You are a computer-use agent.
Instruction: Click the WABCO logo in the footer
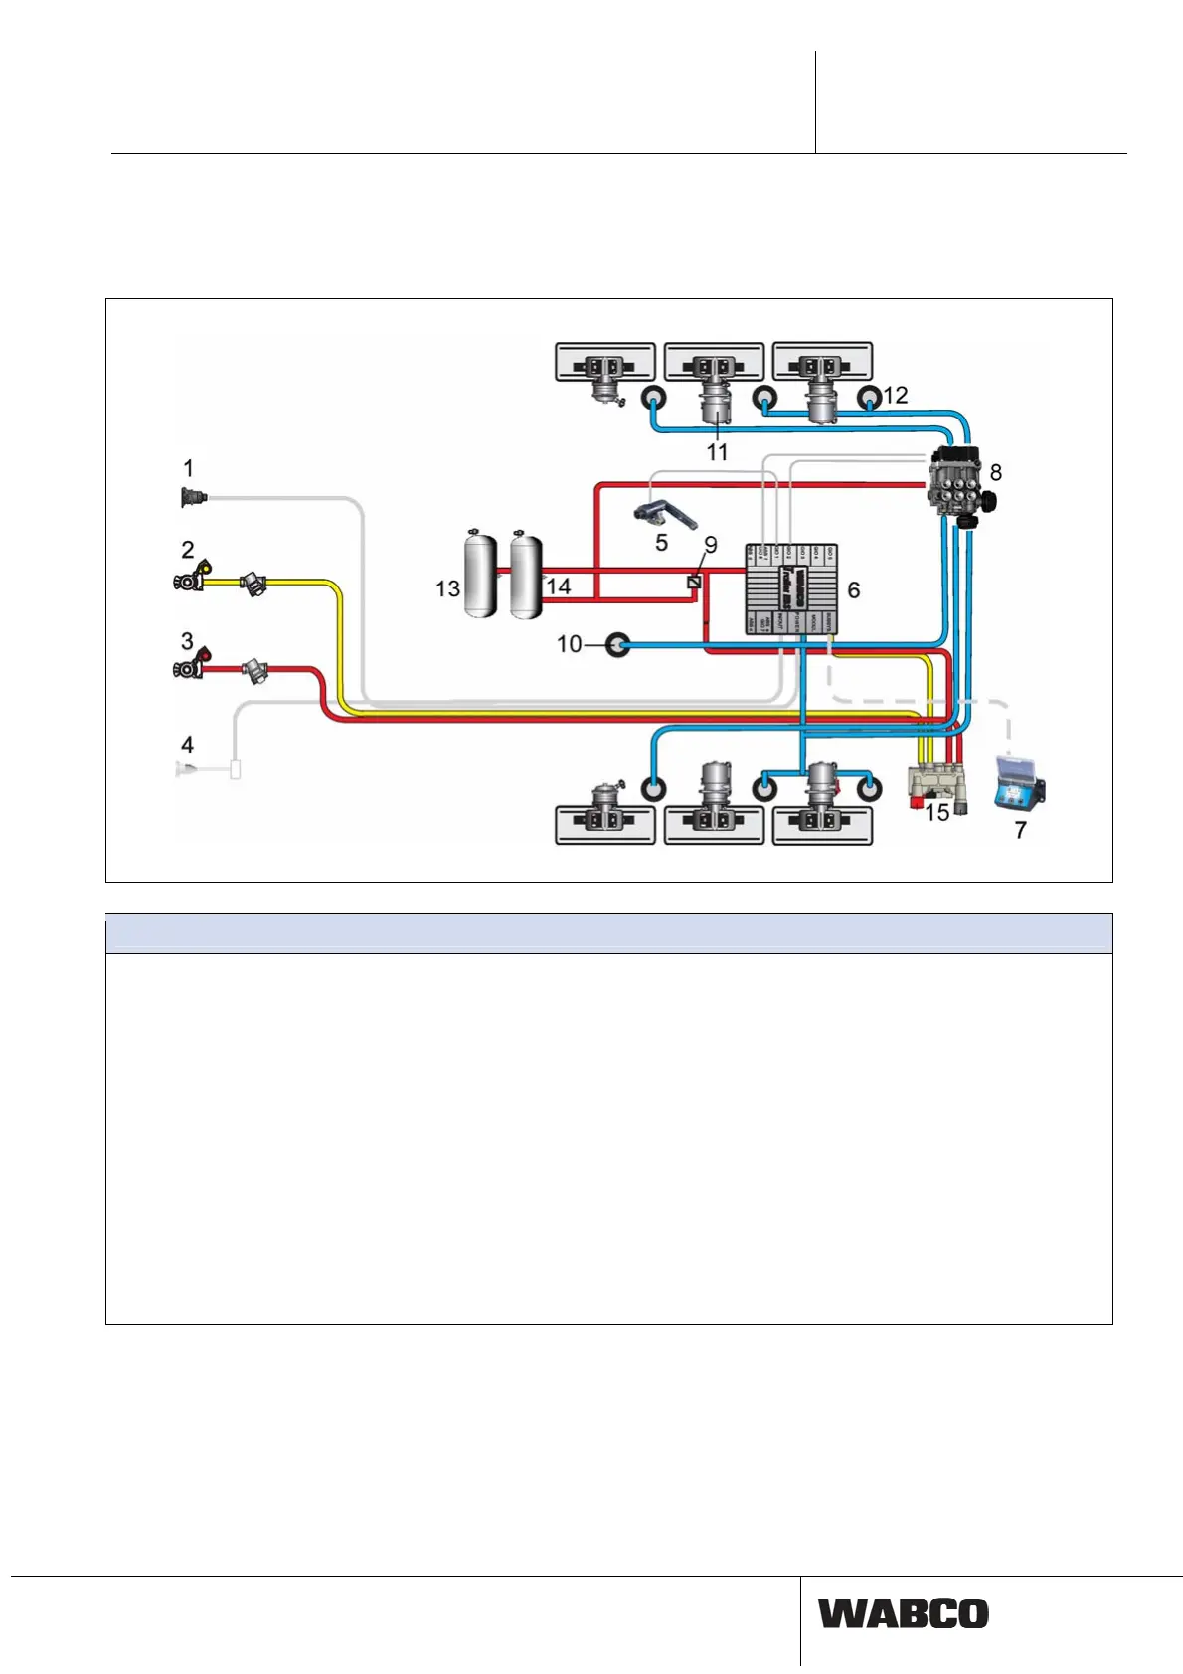point(903,1613)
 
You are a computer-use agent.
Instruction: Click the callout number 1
point(188,467)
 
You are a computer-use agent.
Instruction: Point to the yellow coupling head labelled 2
point(192,578)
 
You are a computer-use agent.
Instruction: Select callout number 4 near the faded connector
point(187,744)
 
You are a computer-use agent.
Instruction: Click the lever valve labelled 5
point(664,515)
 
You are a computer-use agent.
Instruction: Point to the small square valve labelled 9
point(695,582)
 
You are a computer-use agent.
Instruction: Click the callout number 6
point(853,589)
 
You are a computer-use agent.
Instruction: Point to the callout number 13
point(447,588)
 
